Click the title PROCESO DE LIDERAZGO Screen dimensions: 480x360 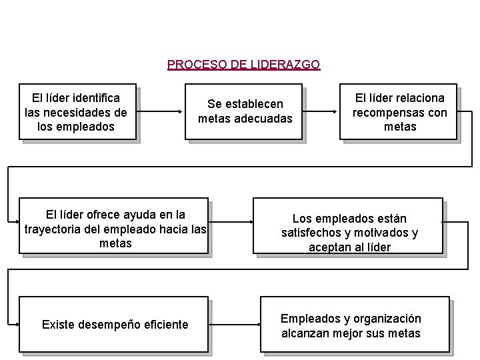(x=243, y=65)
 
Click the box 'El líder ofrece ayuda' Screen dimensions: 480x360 (x=115, y=227)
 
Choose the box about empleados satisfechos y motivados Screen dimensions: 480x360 (x=349, y=225)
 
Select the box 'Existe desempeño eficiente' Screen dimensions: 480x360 (x=115, y=325)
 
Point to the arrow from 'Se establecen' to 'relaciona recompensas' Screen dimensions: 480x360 (x=321, y=111)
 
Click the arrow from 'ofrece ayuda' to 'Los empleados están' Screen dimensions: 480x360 (x=231, y=227)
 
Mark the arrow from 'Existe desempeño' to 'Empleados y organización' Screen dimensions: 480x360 (x=233, y=325)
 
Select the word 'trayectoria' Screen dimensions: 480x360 (x=54, y=229)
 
